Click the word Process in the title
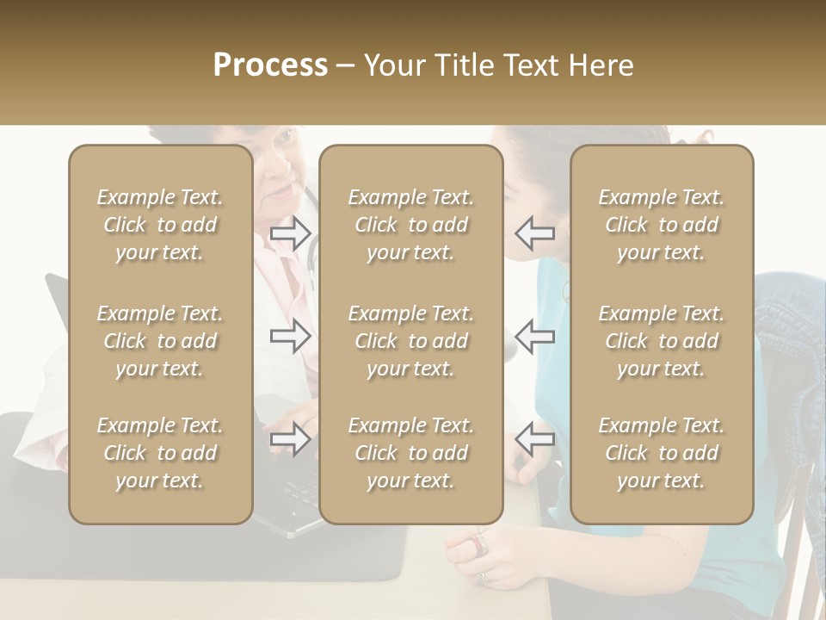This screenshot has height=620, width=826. click(x=270, y=65)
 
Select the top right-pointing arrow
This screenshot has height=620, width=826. click(x=291, y=233)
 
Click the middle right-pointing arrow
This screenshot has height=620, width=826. click(x=291, y=336)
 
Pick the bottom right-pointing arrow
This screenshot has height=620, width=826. click(x=291, y=439)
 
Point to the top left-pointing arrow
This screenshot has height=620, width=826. click(x=534, y=233)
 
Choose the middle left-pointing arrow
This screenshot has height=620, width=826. click(x=534, y=336)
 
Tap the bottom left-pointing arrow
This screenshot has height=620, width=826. click(x=534, y=439)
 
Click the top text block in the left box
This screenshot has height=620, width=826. click(x=160, y=225)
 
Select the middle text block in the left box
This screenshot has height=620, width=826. click(x=160, y=341)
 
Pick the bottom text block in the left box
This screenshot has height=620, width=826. click(x=160, y=453)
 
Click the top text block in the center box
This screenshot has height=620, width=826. click(x=410, y=225)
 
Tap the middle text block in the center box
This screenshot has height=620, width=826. click(x=410, y=341)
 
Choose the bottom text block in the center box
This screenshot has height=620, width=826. click(x=410, y=453)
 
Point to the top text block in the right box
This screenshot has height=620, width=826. click(x=661, y=225)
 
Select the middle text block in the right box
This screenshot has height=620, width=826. click(x=661, y=341)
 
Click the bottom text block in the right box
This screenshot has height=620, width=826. click(x=661, y=453)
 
